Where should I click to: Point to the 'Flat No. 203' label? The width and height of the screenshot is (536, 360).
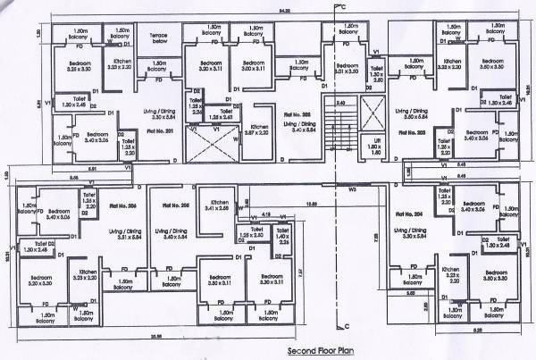[x=410, y=131]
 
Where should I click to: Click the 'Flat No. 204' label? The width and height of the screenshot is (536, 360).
[x=409, y=214]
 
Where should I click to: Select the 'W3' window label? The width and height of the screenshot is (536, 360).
[x=353, y=189]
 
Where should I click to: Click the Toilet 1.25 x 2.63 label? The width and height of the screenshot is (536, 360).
[x=221, y=114]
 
